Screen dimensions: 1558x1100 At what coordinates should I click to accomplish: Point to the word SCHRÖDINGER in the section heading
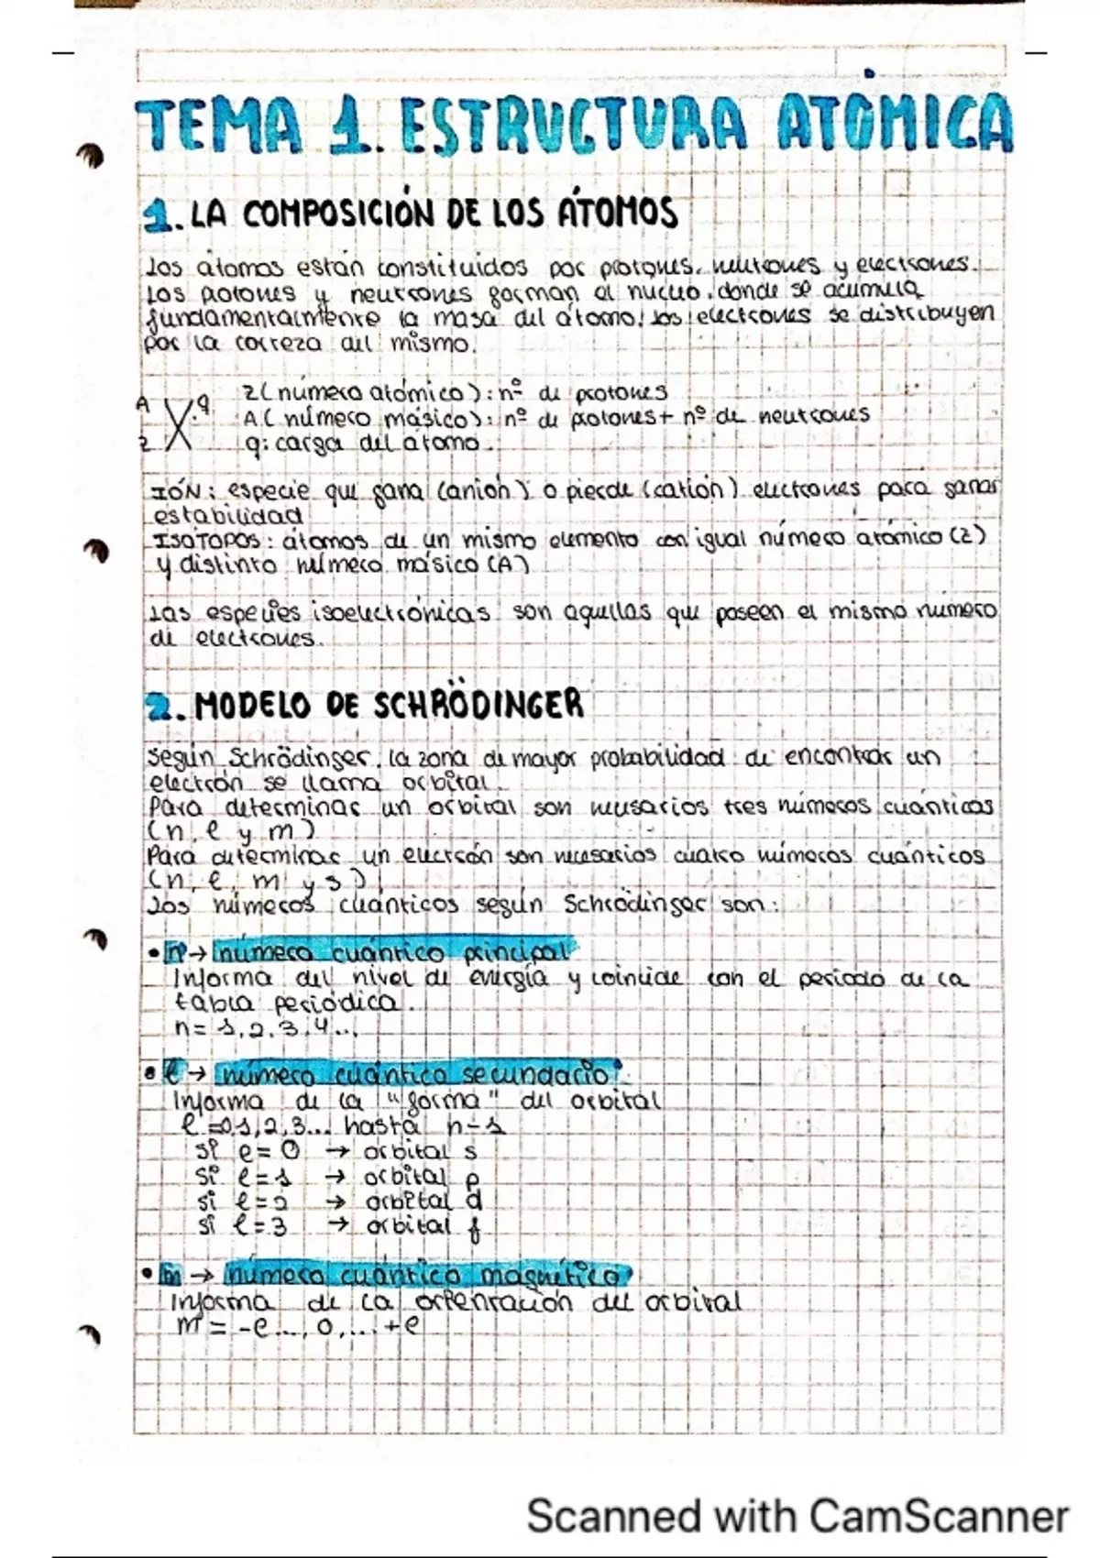(x=478, y=705)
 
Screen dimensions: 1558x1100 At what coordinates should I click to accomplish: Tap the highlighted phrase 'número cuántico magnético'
(x=425, y=1275)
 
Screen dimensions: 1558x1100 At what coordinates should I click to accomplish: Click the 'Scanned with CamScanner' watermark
(x=797, y=1516)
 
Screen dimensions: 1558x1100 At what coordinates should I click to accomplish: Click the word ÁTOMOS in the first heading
(x=618, y=214)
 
